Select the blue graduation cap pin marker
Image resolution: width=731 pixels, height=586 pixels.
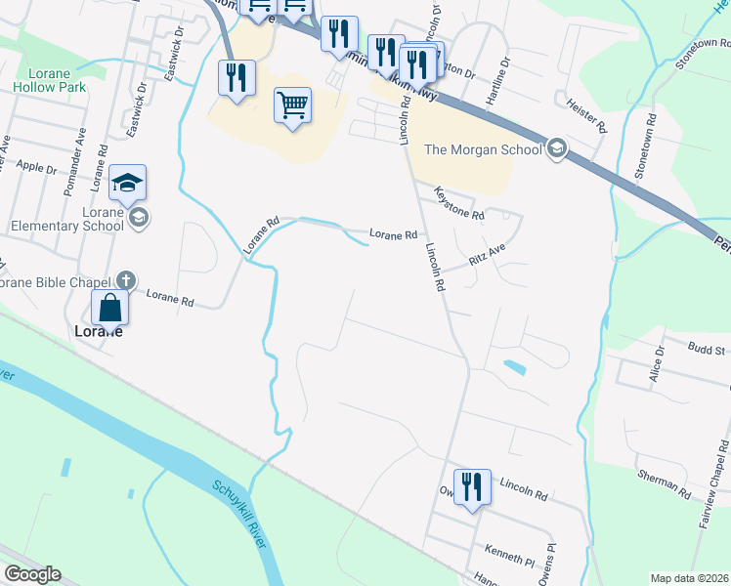coord(127,183)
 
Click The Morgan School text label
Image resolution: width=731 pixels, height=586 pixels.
coord(483,149)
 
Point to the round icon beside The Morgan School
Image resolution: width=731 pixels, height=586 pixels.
coord(557,148)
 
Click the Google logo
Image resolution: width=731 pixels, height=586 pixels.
coord(31,574)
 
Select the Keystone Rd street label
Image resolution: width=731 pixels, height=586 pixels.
coord(458,204)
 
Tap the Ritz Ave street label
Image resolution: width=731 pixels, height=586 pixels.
coord(487,256)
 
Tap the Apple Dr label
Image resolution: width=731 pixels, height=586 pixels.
coord(36,167)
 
